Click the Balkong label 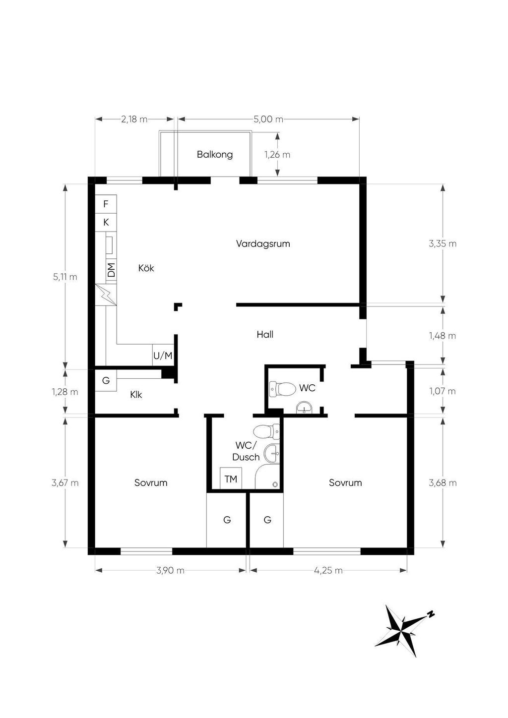click(214, 155)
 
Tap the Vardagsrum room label click(263, 243)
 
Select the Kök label click(146, 268)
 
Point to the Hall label click(265, 335)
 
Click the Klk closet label click(136, 395)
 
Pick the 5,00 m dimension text click(268, 119)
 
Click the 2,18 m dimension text click(134, 119)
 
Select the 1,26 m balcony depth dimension click(277, 155)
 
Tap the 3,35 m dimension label click(443, 243)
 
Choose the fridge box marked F click(106, 204)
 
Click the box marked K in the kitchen click(106, 222)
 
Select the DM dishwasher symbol click(111, 270)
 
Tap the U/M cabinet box click(163, 355)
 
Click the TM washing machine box click(231, 479)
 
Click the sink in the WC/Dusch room click(272, 453)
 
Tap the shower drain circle click(275, 484)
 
